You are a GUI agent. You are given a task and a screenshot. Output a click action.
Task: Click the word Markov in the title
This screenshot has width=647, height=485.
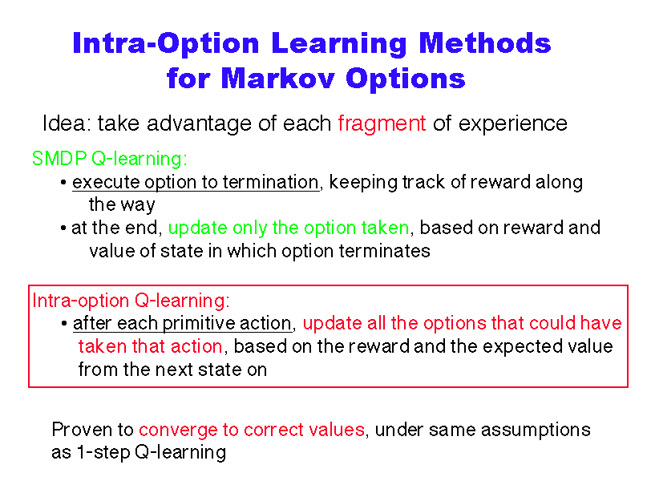pos(277,78)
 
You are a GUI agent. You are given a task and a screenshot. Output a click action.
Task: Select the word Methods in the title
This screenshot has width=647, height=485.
pos(485,43)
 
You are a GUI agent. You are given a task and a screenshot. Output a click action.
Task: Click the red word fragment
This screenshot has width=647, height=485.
pos(382,123)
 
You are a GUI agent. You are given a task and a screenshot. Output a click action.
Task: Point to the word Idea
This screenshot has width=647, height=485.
pos(67,123)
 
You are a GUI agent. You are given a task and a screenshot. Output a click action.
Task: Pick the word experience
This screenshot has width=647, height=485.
pos(513,124)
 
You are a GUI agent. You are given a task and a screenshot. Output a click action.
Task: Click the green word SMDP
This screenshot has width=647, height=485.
pos(59,159)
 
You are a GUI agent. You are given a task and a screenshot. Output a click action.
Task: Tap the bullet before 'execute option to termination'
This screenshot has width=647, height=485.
pos(63,182)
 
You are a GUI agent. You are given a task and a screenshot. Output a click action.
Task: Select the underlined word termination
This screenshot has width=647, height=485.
pos(271,182)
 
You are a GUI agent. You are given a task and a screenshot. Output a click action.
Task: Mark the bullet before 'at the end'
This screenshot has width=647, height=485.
pos(63,228)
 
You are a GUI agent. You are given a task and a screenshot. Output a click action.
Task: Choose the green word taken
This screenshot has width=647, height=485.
pos(386,228)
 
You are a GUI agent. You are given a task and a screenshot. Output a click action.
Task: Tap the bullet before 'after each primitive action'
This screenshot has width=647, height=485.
pos(64,323)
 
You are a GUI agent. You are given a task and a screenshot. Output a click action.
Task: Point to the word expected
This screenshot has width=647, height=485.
pos(523,347)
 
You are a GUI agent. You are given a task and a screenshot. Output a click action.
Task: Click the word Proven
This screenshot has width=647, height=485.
pos(82,430)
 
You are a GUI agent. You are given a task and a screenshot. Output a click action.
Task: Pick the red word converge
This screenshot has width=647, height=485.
pos(178,430)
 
